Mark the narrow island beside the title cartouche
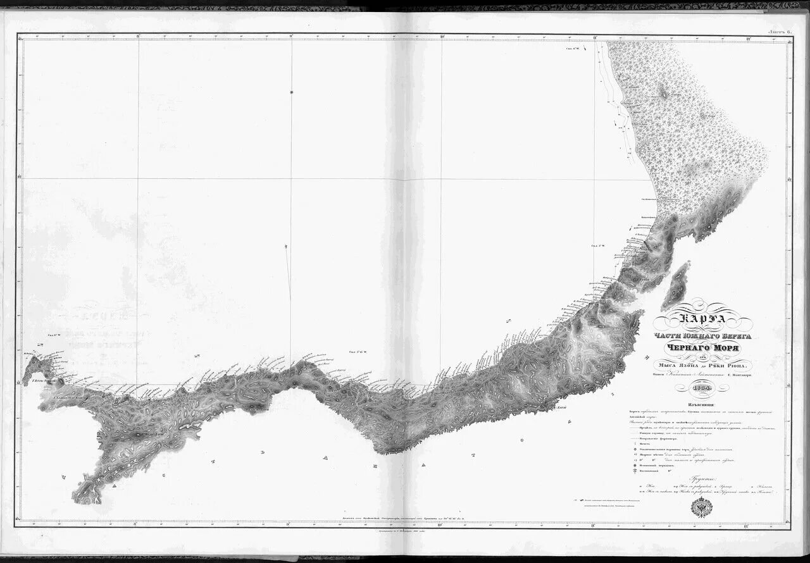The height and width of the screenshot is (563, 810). coord(678,283)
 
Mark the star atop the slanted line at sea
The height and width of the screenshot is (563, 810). coord(291,94)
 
